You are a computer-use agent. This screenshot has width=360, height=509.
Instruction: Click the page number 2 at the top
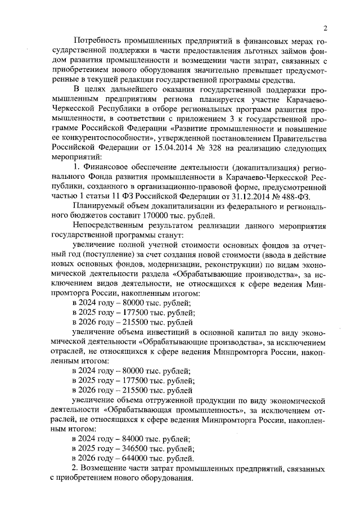point(325,28)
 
